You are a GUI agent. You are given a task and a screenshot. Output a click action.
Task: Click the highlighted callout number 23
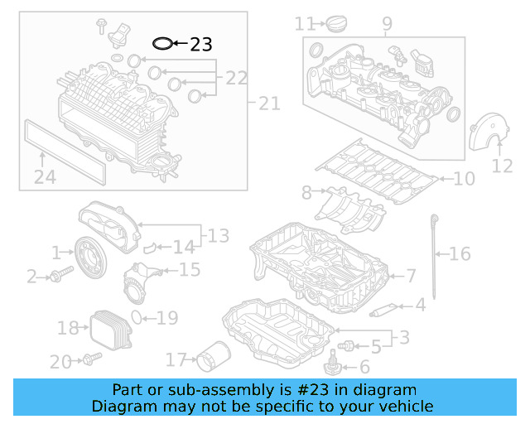201,44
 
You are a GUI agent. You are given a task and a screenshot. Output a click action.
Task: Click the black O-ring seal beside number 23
163,42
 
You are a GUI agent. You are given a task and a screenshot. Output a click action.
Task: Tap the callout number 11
306,23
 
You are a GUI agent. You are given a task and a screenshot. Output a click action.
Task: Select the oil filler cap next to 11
337,25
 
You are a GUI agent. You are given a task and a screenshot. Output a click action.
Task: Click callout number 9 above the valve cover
387,25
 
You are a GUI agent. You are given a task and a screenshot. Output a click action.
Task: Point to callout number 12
502,166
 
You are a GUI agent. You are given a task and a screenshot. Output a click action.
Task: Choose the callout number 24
45,176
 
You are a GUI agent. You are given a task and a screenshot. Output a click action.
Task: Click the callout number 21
269,104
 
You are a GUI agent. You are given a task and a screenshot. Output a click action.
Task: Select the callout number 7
411,275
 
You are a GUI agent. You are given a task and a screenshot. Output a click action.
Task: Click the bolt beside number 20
91,359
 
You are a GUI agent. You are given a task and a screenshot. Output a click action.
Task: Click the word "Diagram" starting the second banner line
121,406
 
